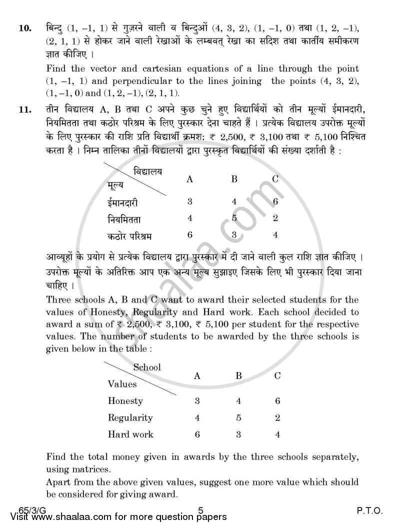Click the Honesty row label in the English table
125,400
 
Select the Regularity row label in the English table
130,417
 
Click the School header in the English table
146,367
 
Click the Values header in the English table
122,384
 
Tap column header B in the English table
238,376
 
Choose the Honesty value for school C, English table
277,400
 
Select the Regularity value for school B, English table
238,417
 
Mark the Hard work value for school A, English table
197,434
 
